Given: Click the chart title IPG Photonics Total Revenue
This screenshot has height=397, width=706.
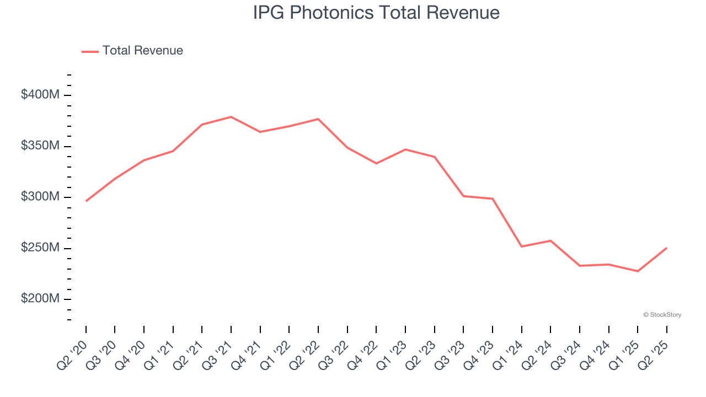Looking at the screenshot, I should [x=376, y=12].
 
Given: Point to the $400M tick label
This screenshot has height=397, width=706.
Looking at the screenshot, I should [x=40, y=95].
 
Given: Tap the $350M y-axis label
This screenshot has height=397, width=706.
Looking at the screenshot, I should [x=40, y=146].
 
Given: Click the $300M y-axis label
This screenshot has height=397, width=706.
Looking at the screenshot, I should [x=40, y=197].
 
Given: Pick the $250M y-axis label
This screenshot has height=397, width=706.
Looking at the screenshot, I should [x=40, y=248].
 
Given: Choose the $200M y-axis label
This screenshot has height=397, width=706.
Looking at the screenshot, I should [x=40, y=299].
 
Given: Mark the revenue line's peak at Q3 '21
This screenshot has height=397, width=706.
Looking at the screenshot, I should [x=231, y=117].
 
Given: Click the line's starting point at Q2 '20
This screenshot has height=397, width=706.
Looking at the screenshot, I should [x=86, y=201].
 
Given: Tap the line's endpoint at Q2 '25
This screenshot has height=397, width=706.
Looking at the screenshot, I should [x=666, y=248].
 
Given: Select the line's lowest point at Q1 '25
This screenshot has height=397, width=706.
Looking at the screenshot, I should [x=638, y=271].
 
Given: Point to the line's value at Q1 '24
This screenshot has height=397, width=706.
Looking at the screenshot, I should [x=521, y=246].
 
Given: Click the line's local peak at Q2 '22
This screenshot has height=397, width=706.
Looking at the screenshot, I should [x=318, y=119].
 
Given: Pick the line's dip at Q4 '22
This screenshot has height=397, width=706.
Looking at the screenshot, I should [x=376, y=163].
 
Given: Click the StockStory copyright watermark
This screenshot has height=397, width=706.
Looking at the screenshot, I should [x=662, y=315].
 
